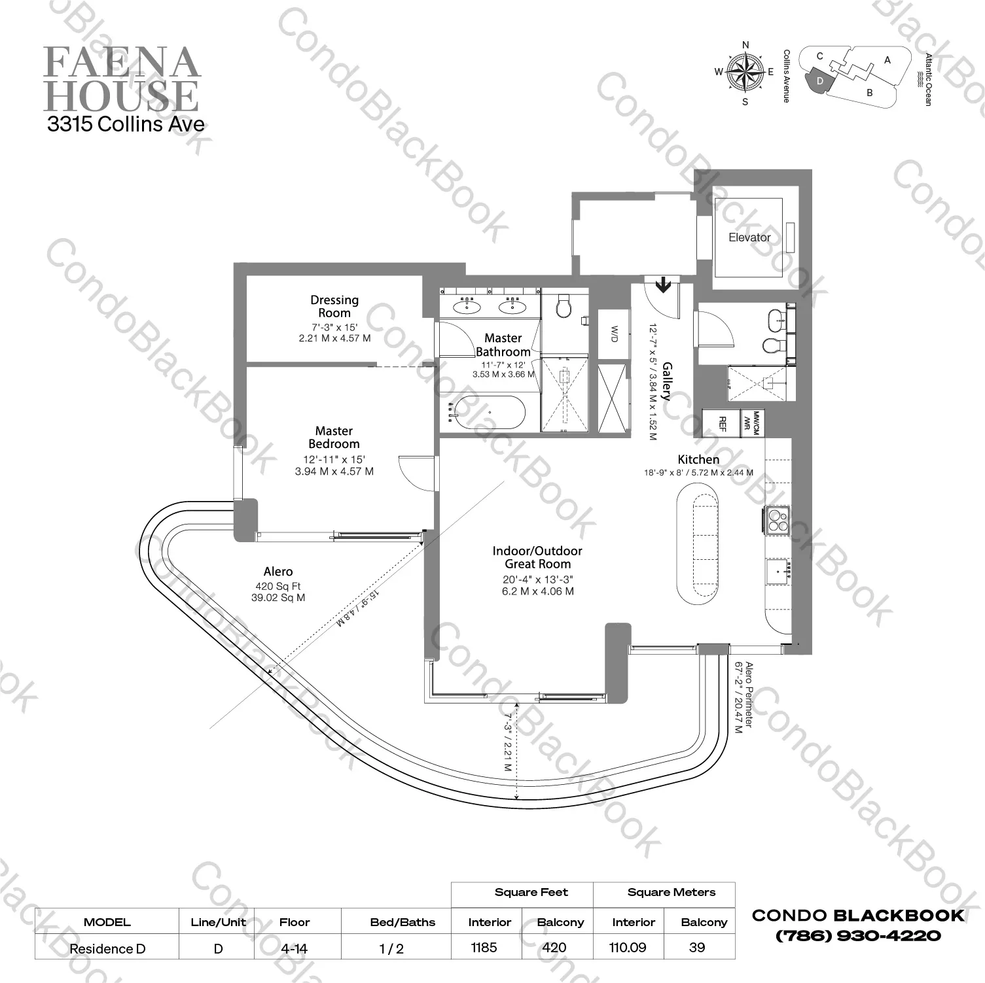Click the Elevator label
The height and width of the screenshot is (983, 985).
coord(749,237)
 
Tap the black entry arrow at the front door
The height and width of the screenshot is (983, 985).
coord(663,284)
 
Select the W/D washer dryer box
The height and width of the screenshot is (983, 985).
coord(613,334)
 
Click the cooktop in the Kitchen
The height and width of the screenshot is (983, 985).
coord(778,521)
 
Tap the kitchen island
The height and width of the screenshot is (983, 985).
coord(697,543)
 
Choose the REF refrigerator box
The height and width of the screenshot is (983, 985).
coord(722,424)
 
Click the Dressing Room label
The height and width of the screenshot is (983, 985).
coord(334,306)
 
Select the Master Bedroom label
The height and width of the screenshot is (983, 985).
coord(334,437)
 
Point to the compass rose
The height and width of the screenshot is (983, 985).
coord(745,73)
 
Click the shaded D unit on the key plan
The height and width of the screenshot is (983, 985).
coord(820,80)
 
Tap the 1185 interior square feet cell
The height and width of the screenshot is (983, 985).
coord(484,947)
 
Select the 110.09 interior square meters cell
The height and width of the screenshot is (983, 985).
coord(628,947)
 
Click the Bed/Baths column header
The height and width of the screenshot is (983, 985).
coord(403,922)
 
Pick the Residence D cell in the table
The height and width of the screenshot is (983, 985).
coord(107,948)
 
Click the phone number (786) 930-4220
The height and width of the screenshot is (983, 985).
coord(858,936)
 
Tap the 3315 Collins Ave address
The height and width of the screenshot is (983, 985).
coord(126,124)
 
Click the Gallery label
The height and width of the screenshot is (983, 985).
coord(666,381)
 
